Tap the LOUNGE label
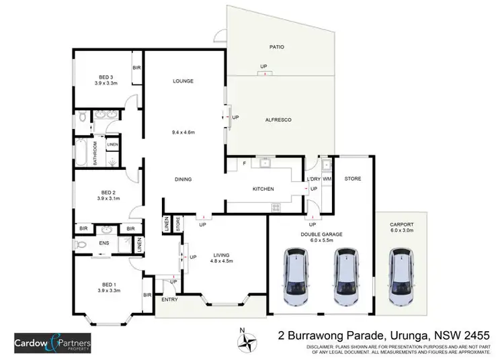(x=183, y=81)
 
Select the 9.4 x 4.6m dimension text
(x=183, y=132)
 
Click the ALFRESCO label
(x=278, y=119)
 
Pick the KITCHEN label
(x=263, y=189)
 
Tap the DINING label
(x=183, y=179)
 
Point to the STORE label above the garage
(x=353, y=179)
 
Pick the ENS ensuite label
(x=104, y=242)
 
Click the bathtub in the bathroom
(x=83, y=152)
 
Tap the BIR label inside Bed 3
(x=136, y=69)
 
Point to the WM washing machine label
(x=327, y=179)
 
